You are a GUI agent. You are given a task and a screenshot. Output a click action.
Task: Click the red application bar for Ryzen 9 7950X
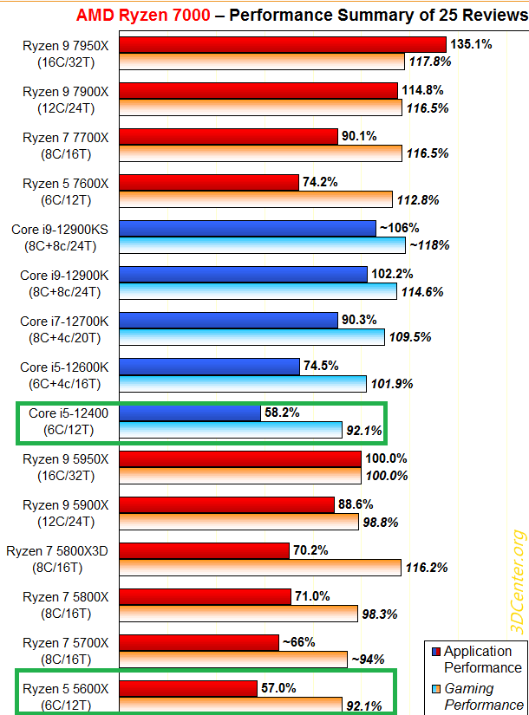click(282, 44)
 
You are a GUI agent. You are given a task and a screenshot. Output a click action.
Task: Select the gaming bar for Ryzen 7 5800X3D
click(260, 567)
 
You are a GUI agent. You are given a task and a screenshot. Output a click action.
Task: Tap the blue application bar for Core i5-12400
click(190, 413)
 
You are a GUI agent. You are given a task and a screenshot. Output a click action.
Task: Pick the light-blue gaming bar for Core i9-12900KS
click(262, 245)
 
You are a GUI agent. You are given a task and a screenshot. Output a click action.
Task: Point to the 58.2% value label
click(282, 413)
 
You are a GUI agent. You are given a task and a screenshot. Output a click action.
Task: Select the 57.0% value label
click(278, 688)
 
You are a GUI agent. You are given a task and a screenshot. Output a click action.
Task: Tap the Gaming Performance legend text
click(483, 696)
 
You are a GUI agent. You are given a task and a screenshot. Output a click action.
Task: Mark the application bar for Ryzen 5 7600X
click(209, 182)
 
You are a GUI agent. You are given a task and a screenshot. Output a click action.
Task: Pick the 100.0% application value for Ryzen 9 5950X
click(387, 458)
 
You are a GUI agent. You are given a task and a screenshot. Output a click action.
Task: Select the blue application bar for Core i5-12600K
click(209, 366)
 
